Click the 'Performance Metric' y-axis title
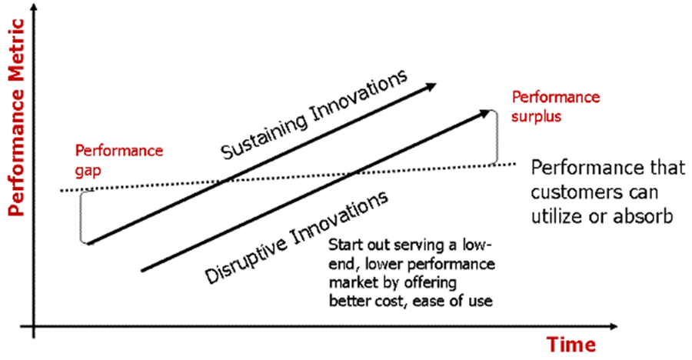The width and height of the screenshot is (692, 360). point(16,118)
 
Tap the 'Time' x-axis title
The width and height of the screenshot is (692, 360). point(571,344)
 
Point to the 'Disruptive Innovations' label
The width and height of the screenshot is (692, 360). point(297,237)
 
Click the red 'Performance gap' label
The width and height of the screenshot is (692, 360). point(118,161)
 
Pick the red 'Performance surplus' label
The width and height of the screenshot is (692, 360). point(556,106)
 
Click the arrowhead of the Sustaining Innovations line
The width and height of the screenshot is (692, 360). point(429,86)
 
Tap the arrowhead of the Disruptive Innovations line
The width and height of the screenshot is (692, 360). point(484,113)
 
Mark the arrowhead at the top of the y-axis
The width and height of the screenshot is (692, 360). point(34,8)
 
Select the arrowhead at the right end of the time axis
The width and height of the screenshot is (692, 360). point(612,326)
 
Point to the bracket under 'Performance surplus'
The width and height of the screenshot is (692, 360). point(497,138)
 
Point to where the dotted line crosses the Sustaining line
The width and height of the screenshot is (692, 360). point(226,180)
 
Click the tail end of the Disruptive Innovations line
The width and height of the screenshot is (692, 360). point(142,270)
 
